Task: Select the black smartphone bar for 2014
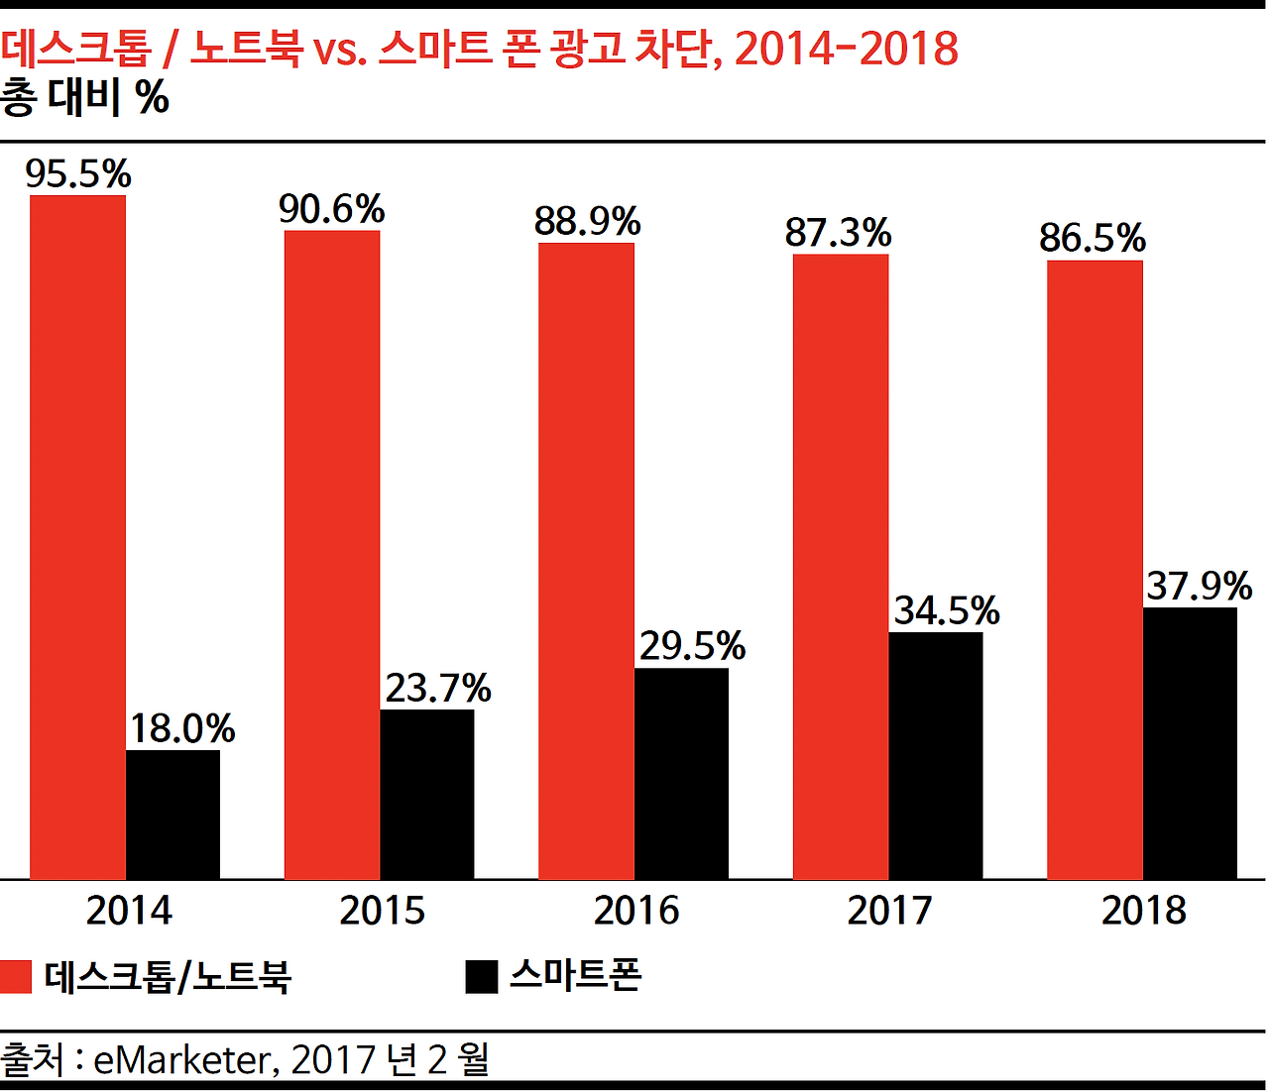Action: [x=173, y=815]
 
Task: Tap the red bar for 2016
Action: [x=586, y=561]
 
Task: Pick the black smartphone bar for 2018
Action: [x=1190, y=743]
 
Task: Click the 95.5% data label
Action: [x=78, y=174]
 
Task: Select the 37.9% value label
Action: [x=1199, y=587]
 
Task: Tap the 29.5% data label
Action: [x=691, y=646]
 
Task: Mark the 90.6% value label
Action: [x=331, y=210]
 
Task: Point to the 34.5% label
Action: [x=946, y=610]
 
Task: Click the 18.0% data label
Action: [x=181, y=729]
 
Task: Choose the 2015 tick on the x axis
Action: [x=382, y=911]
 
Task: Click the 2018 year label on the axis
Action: [x=1143, y=911]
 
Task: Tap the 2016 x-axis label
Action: [x=635, y=911]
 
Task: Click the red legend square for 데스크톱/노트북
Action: [x=16, y=977]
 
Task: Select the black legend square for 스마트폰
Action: [x=481, y=977]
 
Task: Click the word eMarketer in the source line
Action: [x=181, y=1060]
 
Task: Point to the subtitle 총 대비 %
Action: [x=85, y=97]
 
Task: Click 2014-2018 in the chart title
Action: [x=846, y=49]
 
